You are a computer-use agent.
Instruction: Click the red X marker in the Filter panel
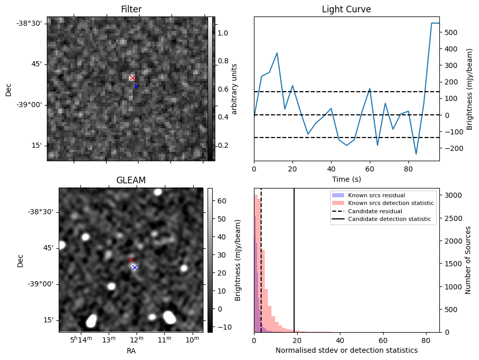pos(132,78)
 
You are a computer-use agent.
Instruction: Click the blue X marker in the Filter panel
pos(136,86)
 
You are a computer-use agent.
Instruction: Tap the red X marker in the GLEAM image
pos(131,260)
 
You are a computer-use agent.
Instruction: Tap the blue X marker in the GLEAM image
pos(134,267)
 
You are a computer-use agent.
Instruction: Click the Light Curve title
pos(346,9)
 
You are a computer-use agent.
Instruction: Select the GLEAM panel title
pos(131,180)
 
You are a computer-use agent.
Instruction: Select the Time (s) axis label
pos(346,179)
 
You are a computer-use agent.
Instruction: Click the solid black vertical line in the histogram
pos(294,258)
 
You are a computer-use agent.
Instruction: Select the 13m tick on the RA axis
pos(109,340)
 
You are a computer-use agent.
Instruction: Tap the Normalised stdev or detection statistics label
pos(346,350)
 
